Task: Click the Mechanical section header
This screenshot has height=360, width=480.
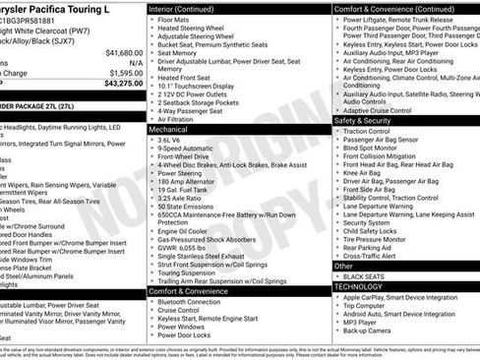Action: pyautogui.click(x=169, y=129)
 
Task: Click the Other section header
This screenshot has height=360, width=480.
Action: pyautogui.click(x=343, y=266)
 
